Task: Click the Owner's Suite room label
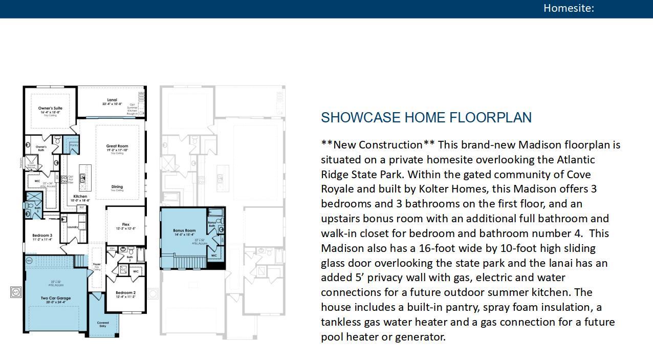click(x=50, y=109)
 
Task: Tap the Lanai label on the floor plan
click(x=112, y=100)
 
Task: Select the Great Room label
click(x=117, y=146)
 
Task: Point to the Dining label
click(x=117, y=187)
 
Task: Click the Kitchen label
click(x=80, y=197)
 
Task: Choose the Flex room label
click(x=126, y=225)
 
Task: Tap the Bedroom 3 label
click(x=42, y=236)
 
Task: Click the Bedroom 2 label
click(x=125, y=293)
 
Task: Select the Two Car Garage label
click(x=56, y=298)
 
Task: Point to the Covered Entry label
click(x=103, y=324)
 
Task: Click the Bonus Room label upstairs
click(x=184, y=230)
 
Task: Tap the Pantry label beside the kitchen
click(x=74, y=145)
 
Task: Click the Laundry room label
click(x=72, y=227)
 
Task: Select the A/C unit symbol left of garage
click(x=16, y=292)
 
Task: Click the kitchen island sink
click(x=85, y=178)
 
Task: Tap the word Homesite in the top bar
click(x=568, y=8)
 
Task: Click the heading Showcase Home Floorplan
click(x=426, y=118)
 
